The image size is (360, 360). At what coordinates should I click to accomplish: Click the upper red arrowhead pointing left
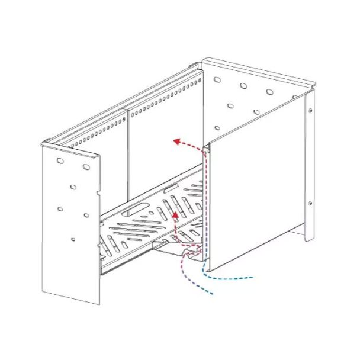(176, 141)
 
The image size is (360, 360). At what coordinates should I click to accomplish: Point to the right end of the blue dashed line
(253, 276)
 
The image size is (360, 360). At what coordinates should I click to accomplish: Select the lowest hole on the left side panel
(73, 239)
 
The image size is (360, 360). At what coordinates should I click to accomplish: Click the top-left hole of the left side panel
(60, 160)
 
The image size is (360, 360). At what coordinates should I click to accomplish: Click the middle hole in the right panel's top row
(243, 86)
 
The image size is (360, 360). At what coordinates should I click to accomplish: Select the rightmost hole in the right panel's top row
(269, 92)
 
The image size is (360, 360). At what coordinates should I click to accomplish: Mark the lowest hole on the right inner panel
(217, 128)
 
